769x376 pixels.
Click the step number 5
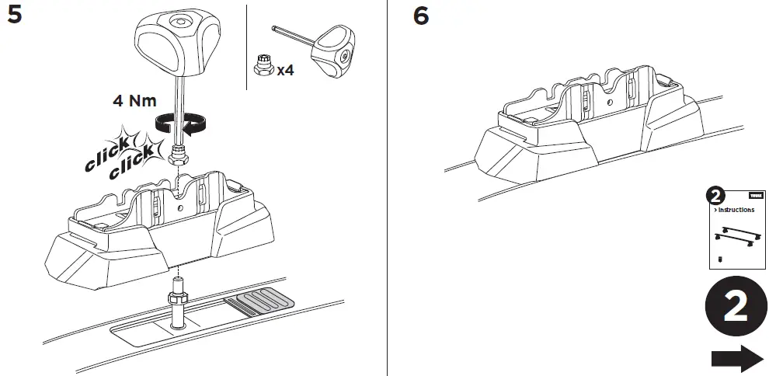15,16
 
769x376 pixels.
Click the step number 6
420,16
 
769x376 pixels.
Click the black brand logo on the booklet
756,196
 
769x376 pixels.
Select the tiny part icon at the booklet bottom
720,258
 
